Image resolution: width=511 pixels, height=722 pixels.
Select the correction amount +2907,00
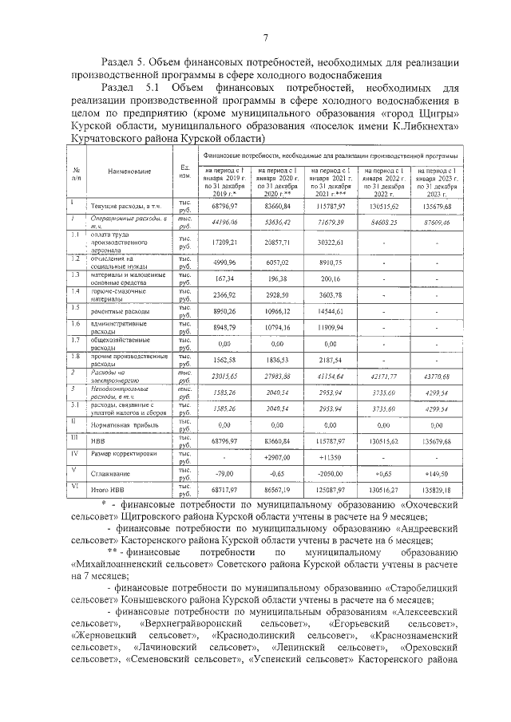[x=275, y=457]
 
